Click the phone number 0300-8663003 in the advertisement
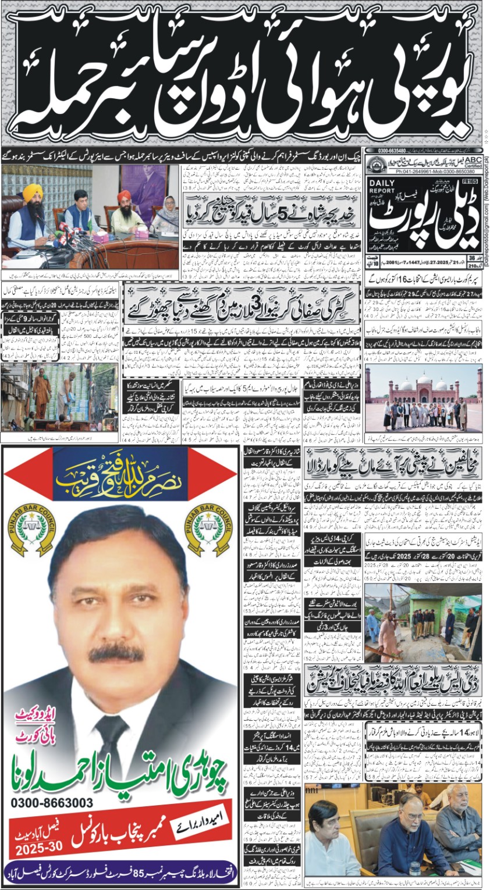pos(53,803)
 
